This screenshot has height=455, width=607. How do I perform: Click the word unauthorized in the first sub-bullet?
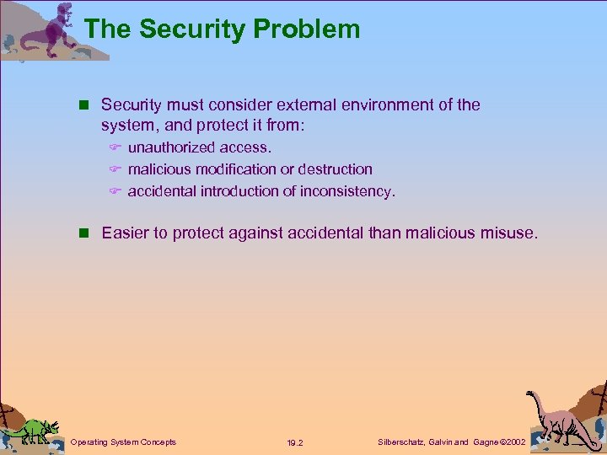point(171,147)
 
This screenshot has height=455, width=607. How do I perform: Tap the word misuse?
point(509,233)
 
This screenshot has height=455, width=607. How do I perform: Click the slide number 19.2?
point(295,442)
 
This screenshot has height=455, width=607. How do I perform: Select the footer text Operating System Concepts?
point(123,442)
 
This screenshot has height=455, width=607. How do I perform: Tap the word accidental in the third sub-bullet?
point(162,191)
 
